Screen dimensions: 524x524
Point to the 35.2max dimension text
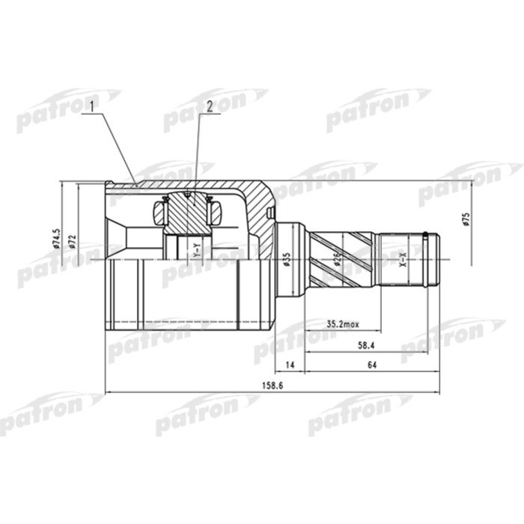(342, 324)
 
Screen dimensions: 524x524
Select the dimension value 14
(290, 367)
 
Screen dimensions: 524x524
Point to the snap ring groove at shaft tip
(427, 258)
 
